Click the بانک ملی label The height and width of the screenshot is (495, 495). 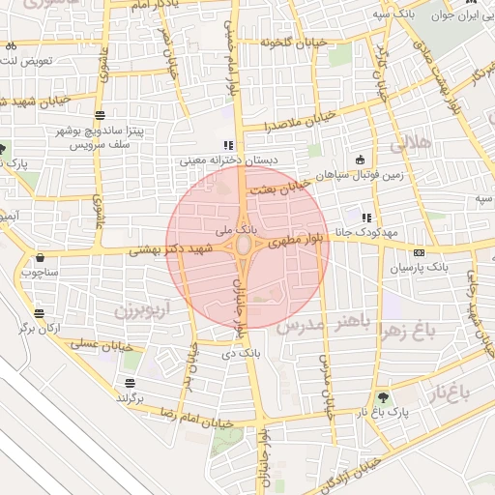237,231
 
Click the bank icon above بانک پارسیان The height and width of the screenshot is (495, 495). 419,252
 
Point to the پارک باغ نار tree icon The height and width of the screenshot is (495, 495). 384,396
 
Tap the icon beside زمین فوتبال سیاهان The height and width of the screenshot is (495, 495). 362,160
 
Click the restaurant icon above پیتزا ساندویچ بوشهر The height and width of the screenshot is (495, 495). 101,116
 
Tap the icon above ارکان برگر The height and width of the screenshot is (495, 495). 40,313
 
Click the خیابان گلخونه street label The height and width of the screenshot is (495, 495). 290,42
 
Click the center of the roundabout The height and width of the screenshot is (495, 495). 244,247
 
